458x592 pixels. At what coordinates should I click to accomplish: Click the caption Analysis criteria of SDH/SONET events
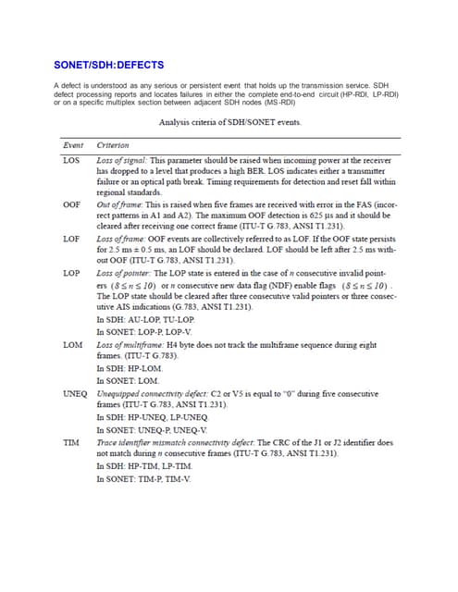tap(229, 122)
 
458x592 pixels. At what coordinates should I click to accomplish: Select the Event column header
tap(73, 145)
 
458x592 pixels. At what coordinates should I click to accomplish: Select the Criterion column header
tap(113, 145)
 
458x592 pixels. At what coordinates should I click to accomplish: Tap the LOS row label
tap(71, 161)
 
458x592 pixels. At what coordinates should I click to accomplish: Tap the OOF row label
tap(71, 203)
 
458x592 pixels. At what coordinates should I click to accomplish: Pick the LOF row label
tap(71, 239)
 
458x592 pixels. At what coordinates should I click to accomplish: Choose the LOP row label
tap(71, 274)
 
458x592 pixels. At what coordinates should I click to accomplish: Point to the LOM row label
tap(71, 345)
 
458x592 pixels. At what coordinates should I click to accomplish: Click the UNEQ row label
tap(75, 393)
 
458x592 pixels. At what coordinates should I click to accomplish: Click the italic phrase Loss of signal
tap(122, 161)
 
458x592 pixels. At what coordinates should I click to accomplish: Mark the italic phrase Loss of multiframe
tap(131, 345)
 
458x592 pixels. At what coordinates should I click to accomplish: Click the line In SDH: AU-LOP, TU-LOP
tap(146, 319)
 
